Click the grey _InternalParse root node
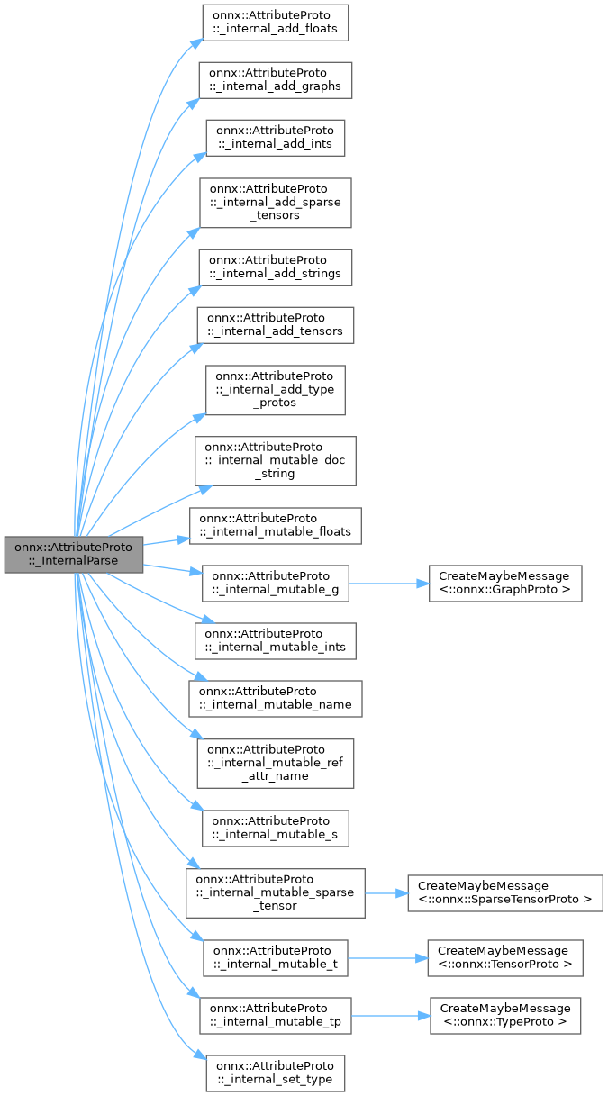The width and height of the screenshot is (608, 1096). (74, 554)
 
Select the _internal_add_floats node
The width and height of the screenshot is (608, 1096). (274, 22)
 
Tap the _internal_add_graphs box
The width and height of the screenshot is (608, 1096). (275, 79)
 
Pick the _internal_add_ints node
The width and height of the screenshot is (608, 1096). (276, 137)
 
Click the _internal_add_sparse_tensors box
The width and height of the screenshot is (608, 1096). (275, 202)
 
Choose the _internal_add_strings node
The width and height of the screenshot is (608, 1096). (275, 266)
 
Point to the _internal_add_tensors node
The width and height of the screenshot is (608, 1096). (277, 324)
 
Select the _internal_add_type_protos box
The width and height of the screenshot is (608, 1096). (276, 389)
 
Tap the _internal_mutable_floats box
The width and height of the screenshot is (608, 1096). (275, 526)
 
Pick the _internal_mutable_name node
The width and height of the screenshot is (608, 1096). (275, 698)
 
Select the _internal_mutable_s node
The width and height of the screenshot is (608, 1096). (275, 828)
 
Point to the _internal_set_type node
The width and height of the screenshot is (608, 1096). (275, 1073)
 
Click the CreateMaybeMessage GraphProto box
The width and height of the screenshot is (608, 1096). (504, 583)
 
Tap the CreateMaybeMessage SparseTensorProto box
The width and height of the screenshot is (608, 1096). (504, 892)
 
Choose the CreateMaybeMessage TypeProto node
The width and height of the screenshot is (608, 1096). (504, 1015)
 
